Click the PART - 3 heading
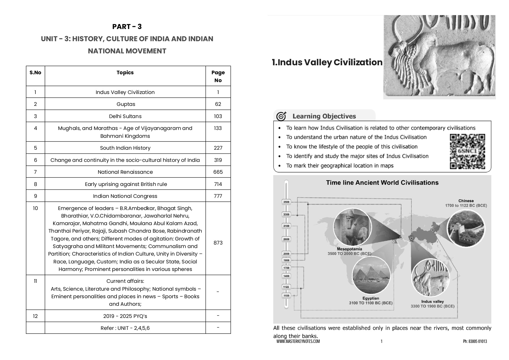coord(127,27)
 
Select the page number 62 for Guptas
coord(218,104)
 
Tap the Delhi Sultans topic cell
coord(125,116)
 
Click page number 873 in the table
coord(218,243)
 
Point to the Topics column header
coord(125,73)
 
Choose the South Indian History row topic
coord(125,148)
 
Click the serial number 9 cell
coord(35,196)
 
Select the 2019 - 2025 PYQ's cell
coord(125,316)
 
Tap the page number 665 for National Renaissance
coord(218,172)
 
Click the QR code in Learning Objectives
coord(467,151)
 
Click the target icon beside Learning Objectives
coord(281,116)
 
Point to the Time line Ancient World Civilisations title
coord(382,183)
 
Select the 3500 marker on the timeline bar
coord(286,202)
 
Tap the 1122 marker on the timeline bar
coord(286,287)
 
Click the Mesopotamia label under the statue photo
coord(349,249)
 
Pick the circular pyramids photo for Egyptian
coord(371,275)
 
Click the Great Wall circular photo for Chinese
coord(465,228)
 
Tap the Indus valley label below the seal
coord(432,301)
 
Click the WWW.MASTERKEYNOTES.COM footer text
coord(298,341)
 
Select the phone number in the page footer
coord(475,341)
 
